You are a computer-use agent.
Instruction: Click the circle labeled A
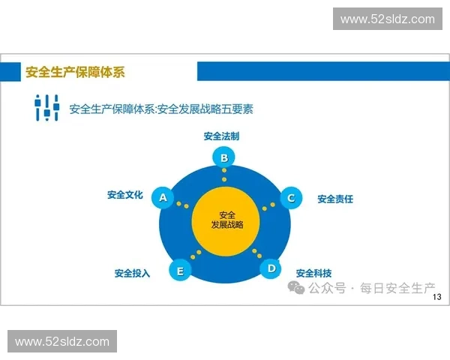pos(162,198)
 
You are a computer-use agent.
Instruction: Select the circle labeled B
pos(223,157)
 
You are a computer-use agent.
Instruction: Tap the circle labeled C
pos(290,198)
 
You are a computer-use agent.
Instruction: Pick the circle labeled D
pos(271,268)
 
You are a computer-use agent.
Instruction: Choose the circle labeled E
pos(178,270)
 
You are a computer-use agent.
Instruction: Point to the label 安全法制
pos(221,136)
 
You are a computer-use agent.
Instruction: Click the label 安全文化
pos(124,195)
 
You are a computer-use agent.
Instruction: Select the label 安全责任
pos(335,199)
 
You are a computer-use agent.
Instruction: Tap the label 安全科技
pos(313,273)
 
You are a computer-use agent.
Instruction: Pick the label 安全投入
pos(132,273)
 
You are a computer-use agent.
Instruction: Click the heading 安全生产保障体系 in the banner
pos(75,72)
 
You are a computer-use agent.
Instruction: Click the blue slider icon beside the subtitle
pos(46,107)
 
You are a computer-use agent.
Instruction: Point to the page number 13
pos(439,298)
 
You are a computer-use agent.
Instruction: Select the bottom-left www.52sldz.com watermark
pos(62,342)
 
